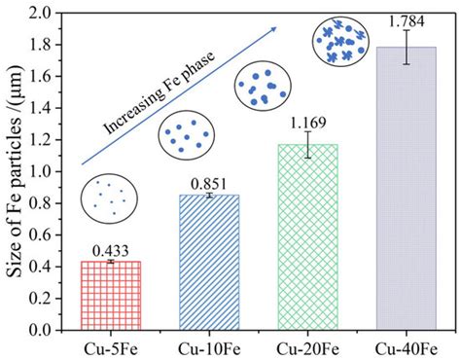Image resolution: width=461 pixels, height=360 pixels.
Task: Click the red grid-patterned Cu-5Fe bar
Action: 110,296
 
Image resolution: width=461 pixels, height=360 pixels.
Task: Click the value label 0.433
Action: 110,251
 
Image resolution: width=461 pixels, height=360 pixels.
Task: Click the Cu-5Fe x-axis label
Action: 110,345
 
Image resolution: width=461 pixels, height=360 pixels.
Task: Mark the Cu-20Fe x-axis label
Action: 307,345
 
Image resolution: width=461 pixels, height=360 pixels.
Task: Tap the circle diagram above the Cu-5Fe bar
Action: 109,198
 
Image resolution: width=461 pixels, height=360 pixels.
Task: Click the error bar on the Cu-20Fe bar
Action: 307,144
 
